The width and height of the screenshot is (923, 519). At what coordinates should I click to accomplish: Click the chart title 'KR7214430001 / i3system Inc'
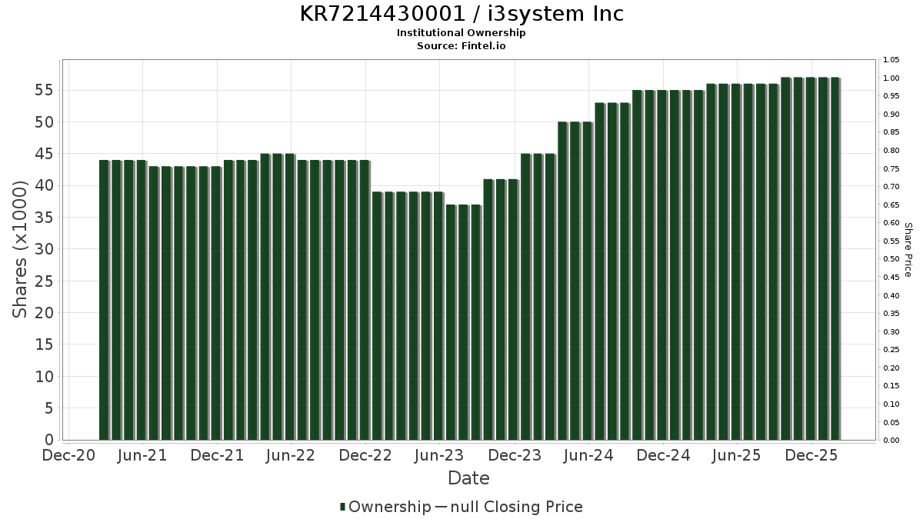[461, 14]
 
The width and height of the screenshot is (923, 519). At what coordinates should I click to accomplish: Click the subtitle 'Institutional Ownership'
[461, 33]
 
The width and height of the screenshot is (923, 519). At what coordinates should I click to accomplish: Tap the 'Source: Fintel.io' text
[461, 46]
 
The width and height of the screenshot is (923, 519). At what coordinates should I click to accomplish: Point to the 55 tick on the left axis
[43, 90]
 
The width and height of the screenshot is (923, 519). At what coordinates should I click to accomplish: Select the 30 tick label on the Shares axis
[43, 249]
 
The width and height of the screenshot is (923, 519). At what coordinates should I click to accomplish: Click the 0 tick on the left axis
[48, 440]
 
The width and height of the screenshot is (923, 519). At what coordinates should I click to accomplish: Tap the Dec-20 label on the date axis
[68, 455]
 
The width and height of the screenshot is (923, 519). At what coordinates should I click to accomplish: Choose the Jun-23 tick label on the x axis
[440, 455]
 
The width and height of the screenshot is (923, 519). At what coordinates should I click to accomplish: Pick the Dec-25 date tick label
[811, 455]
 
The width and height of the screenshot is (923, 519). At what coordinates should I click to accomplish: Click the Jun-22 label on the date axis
[291, 455]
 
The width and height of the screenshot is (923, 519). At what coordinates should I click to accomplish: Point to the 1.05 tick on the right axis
[891, 60]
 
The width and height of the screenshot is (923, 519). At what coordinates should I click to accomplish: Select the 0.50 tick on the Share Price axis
[891, 259]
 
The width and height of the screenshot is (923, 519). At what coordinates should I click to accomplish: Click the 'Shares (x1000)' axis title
[20, 249]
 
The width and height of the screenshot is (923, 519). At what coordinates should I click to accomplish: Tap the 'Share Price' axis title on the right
[908, 249]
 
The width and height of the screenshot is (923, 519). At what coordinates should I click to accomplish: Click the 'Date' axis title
[468, 478]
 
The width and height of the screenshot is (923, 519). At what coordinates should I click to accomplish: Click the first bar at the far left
[104, 300]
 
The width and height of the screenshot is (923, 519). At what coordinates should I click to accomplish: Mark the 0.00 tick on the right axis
[891, 441]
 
